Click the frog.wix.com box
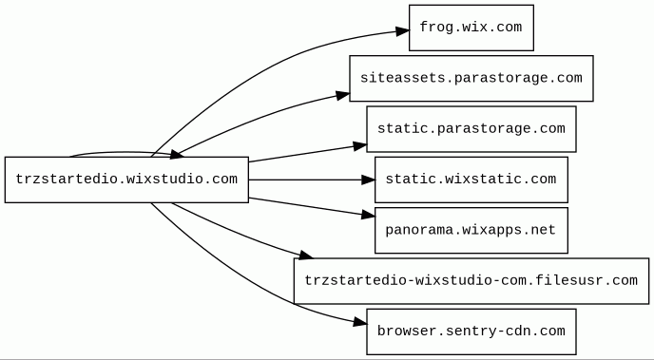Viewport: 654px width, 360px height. coord(471,28)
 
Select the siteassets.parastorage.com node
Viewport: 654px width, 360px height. coord(471,78)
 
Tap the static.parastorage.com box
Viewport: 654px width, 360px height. coord(471,129)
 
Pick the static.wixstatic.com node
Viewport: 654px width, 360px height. coord(471,180)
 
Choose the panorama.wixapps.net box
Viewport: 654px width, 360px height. coord(471,231)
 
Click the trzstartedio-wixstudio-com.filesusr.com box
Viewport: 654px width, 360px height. coord(471,281)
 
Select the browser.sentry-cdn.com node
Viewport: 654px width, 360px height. coord(471,332)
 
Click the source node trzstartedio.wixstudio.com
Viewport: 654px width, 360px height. coord(126,180)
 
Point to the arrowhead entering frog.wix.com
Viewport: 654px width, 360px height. coord(402,30)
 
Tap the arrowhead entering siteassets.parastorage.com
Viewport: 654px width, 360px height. coord(343,95)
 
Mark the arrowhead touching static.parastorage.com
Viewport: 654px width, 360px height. coord(360,146)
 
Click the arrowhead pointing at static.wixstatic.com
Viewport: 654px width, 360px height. coord(368,180)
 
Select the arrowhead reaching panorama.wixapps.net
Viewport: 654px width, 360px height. coord(368,215)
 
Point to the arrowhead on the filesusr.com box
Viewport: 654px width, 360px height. coord(306,255)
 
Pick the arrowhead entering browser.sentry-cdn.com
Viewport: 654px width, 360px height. coord(360,322)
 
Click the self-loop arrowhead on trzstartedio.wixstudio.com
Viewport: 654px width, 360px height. coord(177,155)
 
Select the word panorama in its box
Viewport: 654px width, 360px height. coord(418,231)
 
